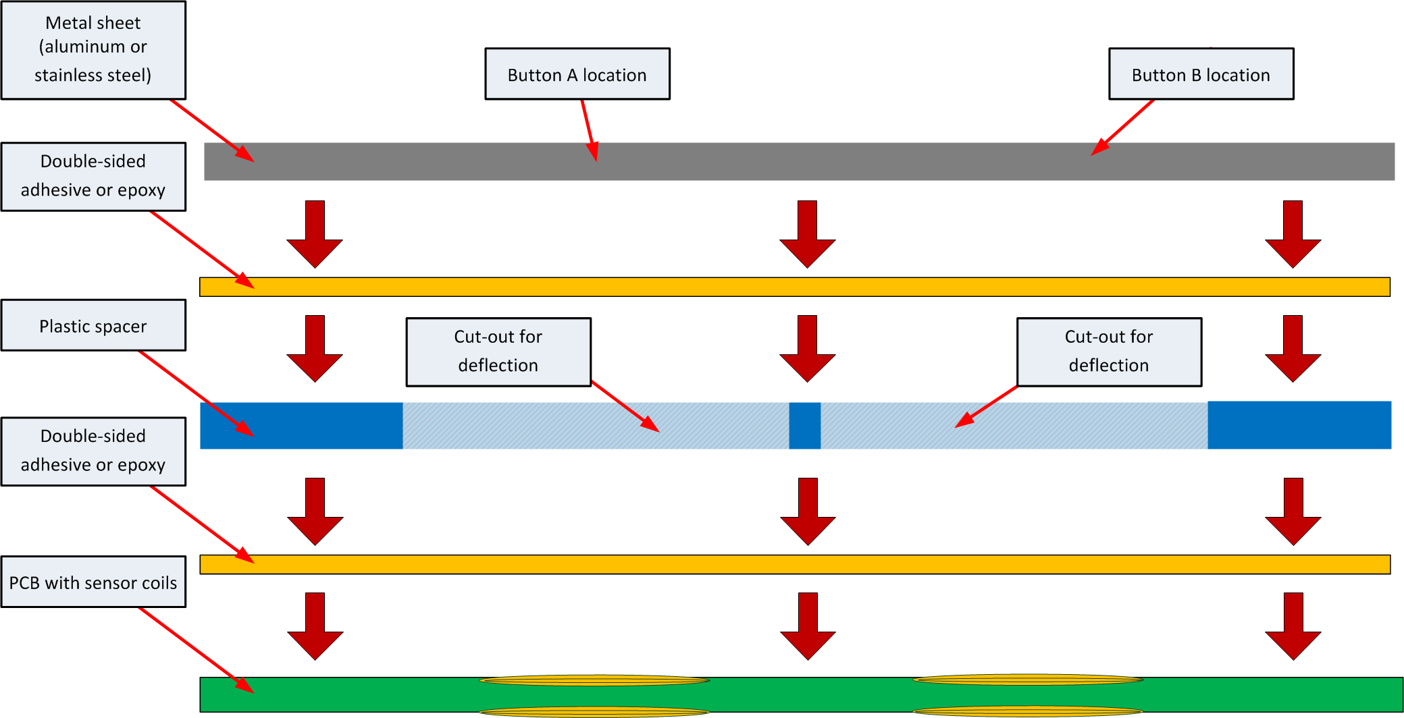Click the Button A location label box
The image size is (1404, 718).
click(x=577, y=74)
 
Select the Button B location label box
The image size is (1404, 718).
click(x=1201, y=74)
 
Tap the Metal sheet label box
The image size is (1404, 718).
click(x=93, y=50)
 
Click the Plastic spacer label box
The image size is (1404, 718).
click(x=93, y=326)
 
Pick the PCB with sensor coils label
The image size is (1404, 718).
click(x=93, y=582)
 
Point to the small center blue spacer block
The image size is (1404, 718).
click(x=804, y=426)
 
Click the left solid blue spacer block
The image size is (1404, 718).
click(x=301, y=426)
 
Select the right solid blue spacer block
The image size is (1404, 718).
click(x=1299, y=425)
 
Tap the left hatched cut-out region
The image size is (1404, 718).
click(x=594, y=426)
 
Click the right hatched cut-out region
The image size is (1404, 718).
click(x=1013, y=426)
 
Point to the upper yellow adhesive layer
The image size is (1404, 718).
click(x=794, y=287)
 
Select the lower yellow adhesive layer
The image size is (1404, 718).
click(x=794, y=564)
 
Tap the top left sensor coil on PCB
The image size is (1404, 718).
click(x=594, y=681)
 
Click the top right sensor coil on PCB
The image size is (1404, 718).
click(x=1027, y=680)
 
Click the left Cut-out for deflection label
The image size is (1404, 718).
click(x=498, y=352)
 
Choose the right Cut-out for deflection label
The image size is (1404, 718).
click(x=1109, y=352)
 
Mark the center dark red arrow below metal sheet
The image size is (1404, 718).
click(x=807, y=234)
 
